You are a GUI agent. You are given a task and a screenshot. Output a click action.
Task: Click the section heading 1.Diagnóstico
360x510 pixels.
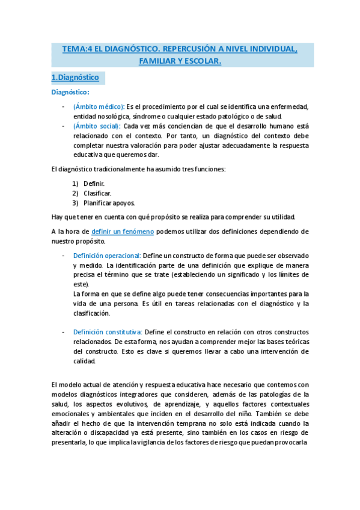point(75,78)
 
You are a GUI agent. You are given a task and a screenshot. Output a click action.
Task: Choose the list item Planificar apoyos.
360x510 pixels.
point(109,203)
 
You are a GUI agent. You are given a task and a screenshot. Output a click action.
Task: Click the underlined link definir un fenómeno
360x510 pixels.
point(123,232)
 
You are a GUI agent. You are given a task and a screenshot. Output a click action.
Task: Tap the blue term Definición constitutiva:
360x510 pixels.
point(108,333)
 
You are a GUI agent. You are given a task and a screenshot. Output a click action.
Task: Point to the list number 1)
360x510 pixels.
point(75,183)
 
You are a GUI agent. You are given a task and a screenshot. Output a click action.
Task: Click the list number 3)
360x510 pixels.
point(75,203)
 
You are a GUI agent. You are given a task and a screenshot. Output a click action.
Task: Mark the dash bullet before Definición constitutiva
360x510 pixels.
point(64,333)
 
